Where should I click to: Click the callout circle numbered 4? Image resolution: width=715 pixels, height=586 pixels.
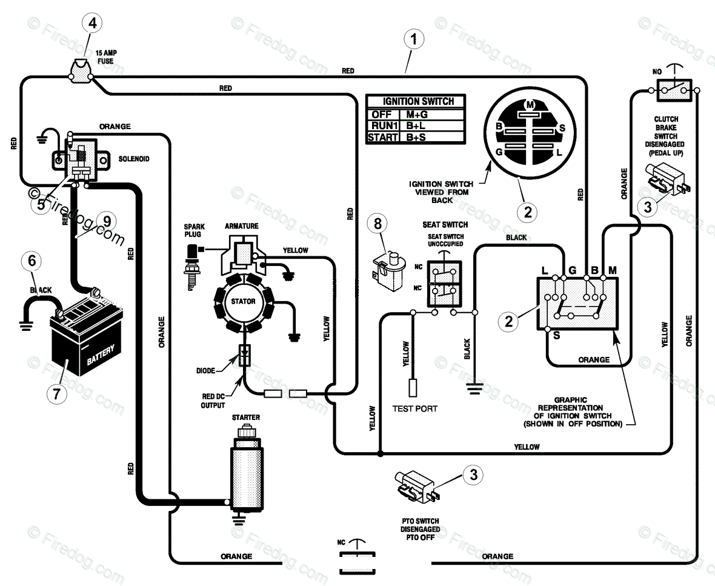pyautogui.click(x=93, y=23)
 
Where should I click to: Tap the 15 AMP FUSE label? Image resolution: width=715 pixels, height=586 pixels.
pyautogui.click(x=106, y=57)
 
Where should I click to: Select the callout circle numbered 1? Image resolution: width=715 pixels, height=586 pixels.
pyautogui.click(x=414, y=39)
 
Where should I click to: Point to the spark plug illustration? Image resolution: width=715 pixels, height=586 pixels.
pyautogui.click(x=191, y=266)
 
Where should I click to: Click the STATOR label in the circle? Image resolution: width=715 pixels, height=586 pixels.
pyautogui.click(x=243, y=301)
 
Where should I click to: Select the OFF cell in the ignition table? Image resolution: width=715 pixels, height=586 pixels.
pyautogui.click(x=383, y=114)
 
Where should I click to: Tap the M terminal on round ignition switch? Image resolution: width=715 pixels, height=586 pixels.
pyautogui.click(x=530, y=104)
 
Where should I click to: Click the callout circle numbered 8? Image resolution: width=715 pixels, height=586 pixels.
pyautogui.click(x=377, y=224)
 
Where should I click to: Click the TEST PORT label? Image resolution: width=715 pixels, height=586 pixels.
pyautogui.click(x=415, y=409)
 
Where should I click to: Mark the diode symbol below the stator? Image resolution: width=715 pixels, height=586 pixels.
pyautogui.click(x=244, y=355)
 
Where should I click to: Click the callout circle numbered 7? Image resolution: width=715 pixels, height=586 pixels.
pyautogui.click(x=57, y=393)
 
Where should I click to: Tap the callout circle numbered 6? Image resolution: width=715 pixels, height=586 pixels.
pyautogui.click(x=32, y=261)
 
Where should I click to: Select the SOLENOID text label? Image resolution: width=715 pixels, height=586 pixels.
pyautogui.click(x=134, y=159)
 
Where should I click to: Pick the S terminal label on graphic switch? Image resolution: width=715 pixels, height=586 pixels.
pyautogui.click(x=556, y=336)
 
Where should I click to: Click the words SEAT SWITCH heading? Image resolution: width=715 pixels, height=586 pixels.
pyautogui.click(x=445, y=225)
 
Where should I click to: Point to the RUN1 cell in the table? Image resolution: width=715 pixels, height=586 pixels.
pyautogui.click(x=383, y=125)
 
